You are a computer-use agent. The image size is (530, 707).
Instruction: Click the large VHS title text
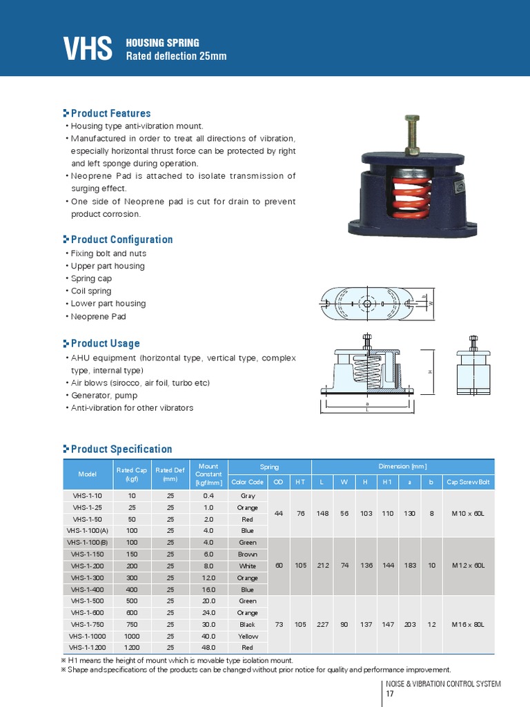tap(88, 48)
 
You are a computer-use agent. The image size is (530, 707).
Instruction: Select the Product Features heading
tap(111, 113)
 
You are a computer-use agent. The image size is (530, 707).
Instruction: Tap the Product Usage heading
tap(106, 344)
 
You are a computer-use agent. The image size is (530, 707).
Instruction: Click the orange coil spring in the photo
tap(411, 198)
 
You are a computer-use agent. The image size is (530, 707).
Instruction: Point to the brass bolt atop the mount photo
tap(413, 135)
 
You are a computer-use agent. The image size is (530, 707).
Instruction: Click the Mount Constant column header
tap(208, 474)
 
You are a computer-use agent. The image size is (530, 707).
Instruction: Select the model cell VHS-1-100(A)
tap(88, 531)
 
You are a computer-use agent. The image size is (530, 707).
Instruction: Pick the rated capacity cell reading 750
tap(132, 624)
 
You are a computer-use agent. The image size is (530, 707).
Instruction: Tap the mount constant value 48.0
tap(208, 648)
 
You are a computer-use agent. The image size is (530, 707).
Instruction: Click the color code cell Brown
tap(248, 554)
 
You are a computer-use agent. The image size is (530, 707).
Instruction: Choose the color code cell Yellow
tap(248, 636)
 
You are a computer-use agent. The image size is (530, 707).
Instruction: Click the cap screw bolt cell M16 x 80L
tap(469, 624)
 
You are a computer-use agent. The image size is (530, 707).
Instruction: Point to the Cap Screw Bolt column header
tap(469, 482)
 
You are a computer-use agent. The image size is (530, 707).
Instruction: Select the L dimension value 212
tap(323, 565)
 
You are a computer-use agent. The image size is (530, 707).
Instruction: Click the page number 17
tap(390, 694)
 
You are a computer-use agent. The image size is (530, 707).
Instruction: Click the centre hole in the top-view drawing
tap(367, 304)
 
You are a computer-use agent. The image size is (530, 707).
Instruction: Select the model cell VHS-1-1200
tap(88, 648)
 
